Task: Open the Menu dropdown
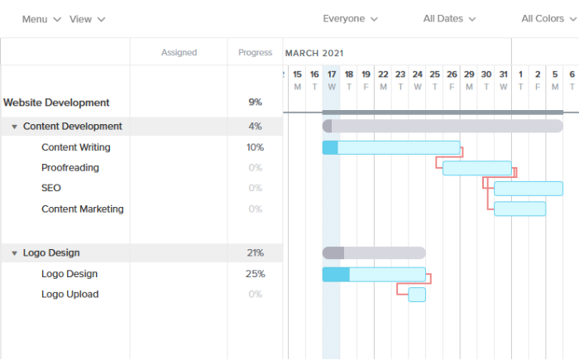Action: click(x=41, y=19)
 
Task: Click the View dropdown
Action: click(x=87, y=19)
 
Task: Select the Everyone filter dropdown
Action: click(x=350, y=18)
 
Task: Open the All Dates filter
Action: click(x=449, y=18)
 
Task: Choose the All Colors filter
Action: click(x=548, y=18)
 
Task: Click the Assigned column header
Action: click(x=179, y=52)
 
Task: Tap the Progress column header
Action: click(x=255, y=52)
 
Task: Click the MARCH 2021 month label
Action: click(x=315, y=52)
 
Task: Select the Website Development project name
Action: click(x=56, y=103)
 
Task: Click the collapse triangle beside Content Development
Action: click(x=14, y=127)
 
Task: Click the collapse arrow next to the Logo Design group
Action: click(x=14, y=253)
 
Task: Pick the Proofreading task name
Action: click(x=70, y=168)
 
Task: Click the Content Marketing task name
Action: click(x=83, y=209)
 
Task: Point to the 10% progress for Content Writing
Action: click(x=255, y=147)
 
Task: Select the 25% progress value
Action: click(x=255, y=274)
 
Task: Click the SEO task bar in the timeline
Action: click(x=528, y=189)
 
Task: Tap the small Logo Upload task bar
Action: click(x=417, y=295)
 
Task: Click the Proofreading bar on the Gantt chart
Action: click(x=476, y=168)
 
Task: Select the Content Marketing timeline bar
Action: click(x=519, y=209)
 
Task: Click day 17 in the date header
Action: click(x=331, y=79)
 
